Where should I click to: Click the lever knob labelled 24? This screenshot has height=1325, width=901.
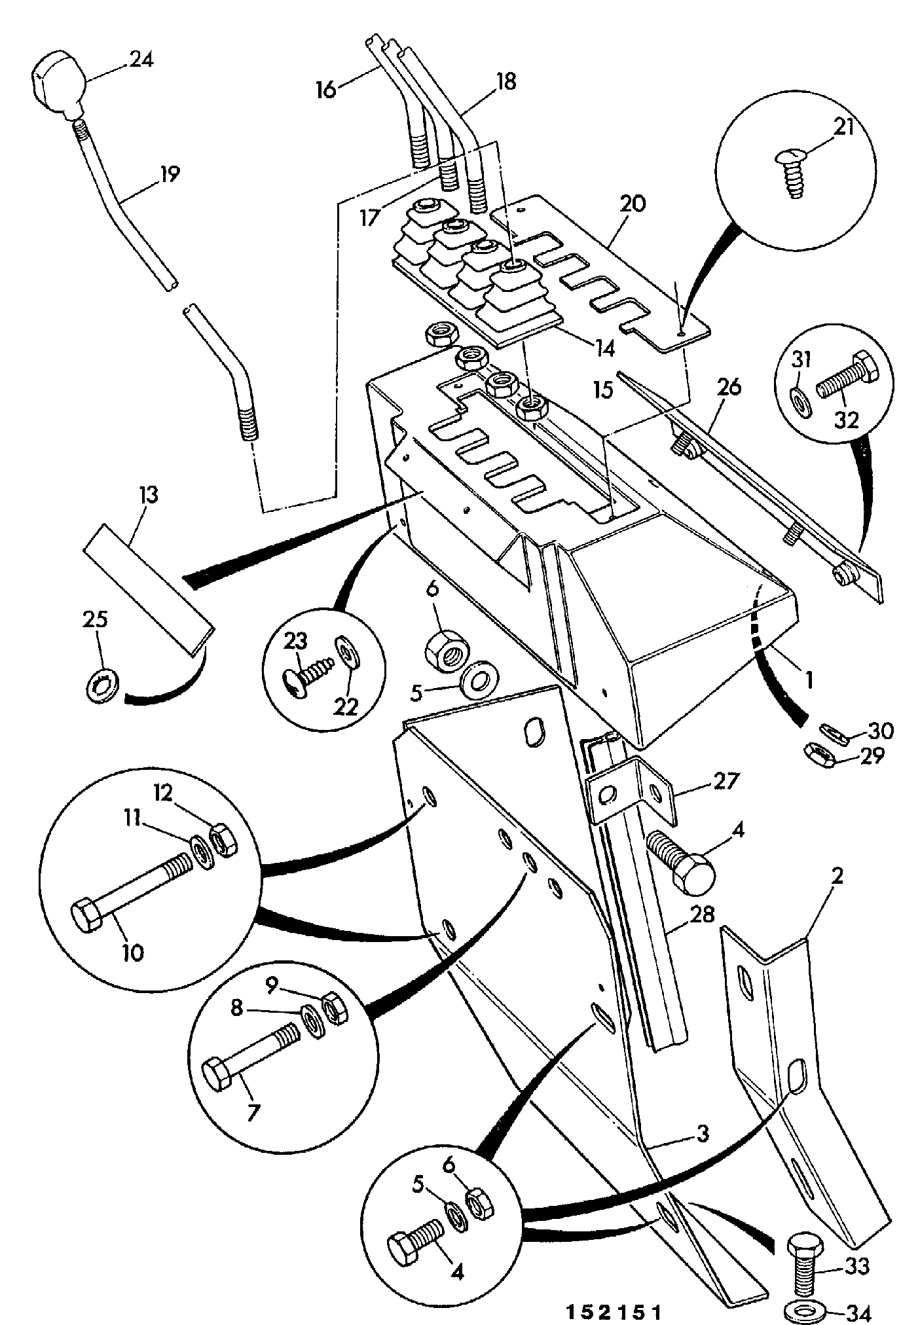pyautogui.click(x=60, y=85)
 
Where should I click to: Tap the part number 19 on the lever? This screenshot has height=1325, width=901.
pyautogui.click(x=169, y=175)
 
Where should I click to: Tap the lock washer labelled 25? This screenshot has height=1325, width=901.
pyautogui.click(x=103, y=683)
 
